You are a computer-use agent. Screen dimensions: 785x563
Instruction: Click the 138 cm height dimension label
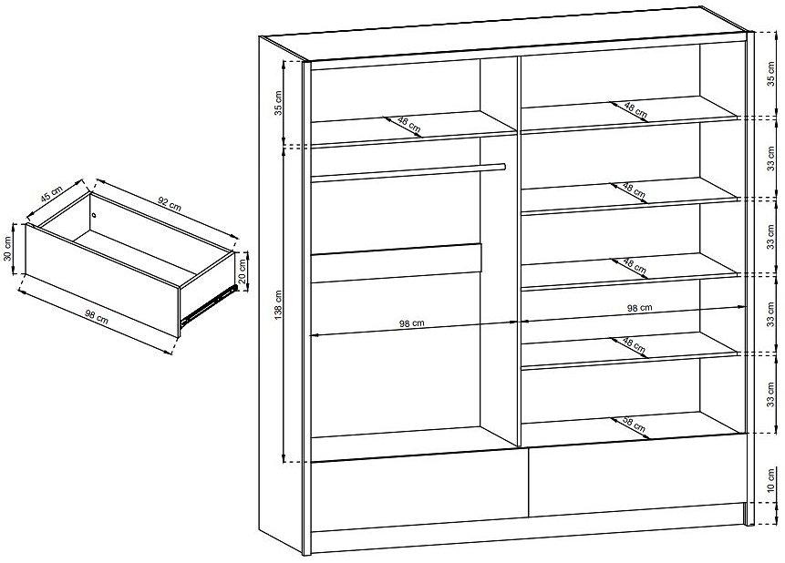coord(279,305)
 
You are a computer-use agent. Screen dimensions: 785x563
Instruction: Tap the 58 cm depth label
coord(635,425)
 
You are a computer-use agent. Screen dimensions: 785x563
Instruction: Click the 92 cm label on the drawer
coord(170,203)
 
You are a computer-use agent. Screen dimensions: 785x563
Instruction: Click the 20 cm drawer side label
coord(243,271)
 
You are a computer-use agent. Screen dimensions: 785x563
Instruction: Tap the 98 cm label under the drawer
coord(96,317)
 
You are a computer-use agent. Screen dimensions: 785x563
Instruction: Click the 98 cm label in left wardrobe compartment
coord(411,323)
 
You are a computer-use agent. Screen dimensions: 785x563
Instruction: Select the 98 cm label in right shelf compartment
coord(640,308)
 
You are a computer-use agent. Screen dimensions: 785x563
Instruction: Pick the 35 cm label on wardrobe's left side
coord(279,103)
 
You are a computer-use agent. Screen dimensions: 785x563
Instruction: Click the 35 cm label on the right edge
coord(771,75)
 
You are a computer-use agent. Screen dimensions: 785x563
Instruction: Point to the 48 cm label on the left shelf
coord(409,124)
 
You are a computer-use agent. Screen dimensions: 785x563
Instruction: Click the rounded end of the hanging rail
coord(502,167)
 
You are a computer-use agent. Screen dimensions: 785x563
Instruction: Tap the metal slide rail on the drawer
coord(207,303)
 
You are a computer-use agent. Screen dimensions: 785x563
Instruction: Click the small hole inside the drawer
coord(94,215)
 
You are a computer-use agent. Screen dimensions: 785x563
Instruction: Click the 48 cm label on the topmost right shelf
coord(635,110)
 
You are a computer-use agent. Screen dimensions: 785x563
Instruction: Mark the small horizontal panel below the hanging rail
coord(396,263)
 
